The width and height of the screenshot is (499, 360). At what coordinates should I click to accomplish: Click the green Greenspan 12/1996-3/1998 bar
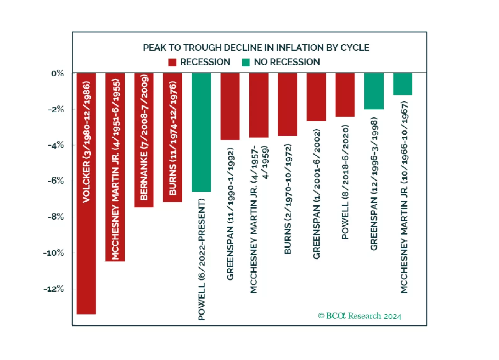(x=374, y=91)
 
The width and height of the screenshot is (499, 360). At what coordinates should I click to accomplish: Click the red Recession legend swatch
(x=172, y=62)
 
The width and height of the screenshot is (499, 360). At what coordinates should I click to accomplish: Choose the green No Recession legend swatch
(x=246, y=62)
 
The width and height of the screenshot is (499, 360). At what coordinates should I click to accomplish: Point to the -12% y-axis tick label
(x=54, y=289)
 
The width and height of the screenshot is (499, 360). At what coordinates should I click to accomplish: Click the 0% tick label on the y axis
(x=58, y=74)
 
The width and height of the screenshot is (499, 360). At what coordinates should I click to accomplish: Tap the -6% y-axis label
(x=56, y=181)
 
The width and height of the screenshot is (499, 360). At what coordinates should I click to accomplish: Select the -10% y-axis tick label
(x=54, y=253)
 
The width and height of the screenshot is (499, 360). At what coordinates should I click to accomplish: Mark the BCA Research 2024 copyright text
(x=360, y=316)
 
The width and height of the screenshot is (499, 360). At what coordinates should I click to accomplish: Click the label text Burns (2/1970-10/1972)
(x=288, y=199)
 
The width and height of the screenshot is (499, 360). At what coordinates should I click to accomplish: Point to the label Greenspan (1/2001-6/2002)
(x=317, y=194)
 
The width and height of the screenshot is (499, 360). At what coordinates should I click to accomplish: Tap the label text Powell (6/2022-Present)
(x=201, y=259)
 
